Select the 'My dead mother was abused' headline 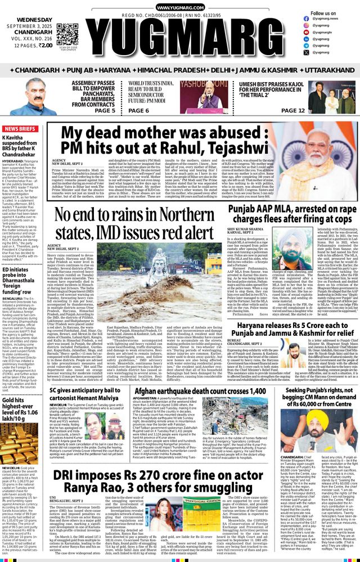coord(209,141)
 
